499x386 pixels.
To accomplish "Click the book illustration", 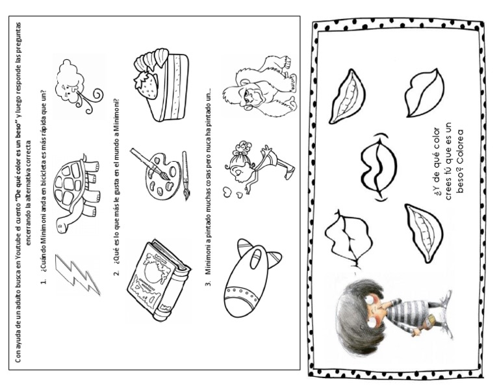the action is coord(158,281).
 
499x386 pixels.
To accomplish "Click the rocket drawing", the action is coord(251,277).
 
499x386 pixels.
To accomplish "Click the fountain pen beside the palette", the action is coord(185,175).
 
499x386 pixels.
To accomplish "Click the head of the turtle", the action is coord(62,225).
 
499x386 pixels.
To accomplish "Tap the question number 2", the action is coord(117,273).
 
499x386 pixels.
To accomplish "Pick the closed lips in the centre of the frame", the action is coord(379,167).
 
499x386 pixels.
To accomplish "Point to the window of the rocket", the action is coord(255,257).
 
